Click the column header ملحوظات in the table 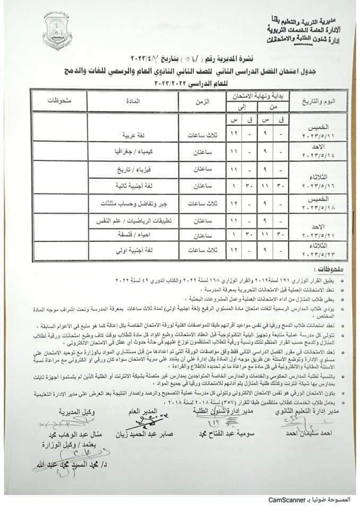click(x=56, y=100)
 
